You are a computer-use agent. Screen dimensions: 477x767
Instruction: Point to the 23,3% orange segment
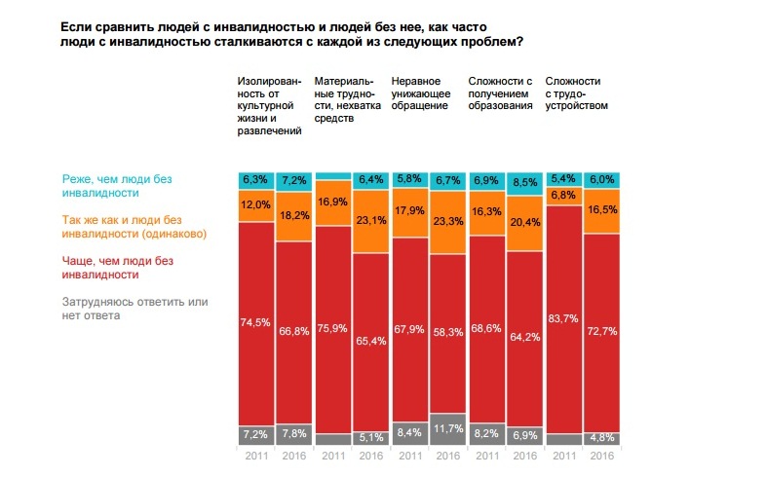pos(448,222)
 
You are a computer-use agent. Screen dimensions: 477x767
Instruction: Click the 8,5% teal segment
pos(525,180)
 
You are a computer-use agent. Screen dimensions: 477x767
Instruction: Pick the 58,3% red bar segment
pos(448,333)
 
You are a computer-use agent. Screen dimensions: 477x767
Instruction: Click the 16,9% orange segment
pos(333,202)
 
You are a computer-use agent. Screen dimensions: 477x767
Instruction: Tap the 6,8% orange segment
pos(563,196)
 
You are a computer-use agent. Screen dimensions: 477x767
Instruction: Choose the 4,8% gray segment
pos(601,438)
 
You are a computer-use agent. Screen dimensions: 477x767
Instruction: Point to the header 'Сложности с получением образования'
pos(501,92)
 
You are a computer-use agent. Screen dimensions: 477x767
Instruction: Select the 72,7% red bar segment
pos(601,331)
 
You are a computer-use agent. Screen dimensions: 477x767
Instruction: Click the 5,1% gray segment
pos(371,437)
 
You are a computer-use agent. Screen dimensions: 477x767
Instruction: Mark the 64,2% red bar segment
pos(525,340)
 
